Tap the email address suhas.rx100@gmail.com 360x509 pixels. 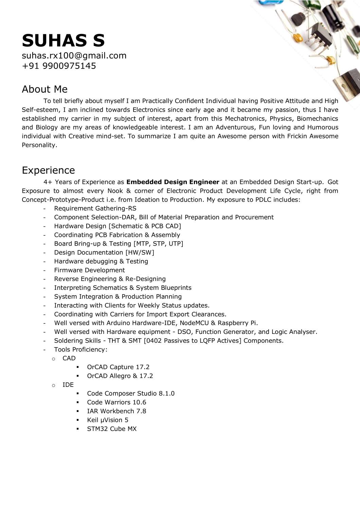pyautogui.click(x=74, y=56)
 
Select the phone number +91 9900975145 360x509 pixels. pyautogui.click(x=59, y=66)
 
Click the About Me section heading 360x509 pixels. pyautogui.click(x=44, y=89)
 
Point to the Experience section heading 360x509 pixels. pyautogui.click(x=48, y=170)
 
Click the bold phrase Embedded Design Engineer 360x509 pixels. pyautogui.click(x=173, y=182)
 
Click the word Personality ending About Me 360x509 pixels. pyautogui.click(x=39, y=145)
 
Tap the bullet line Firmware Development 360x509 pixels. pyautogui.click(x=89, y=270)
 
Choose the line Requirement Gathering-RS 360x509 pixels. pyautogui.click(x=95, y=209)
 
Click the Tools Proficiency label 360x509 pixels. pyautogui.click(x=80, y=350)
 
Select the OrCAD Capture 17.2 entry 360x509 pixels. pyautogui.click(x=118, y=367)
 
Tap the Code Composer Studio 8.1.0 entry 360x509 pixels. pyautogui.click(x=131, y=394)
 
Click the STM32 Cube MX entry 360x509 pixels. pyautogui.click(x=112, y=429)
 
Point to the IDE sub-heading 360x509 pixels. pyautogui.click(x=68, y=385)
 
